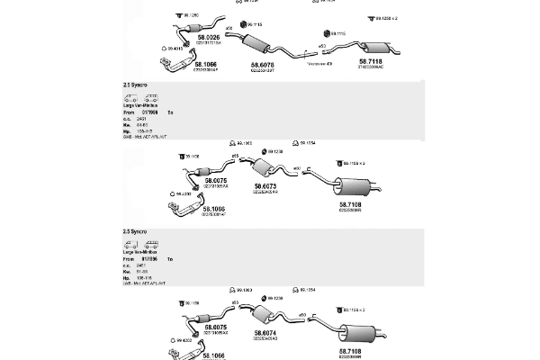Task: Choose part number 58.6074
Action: [x=265, y=332]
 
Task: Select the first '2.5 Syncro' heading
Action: [x=135, y=84]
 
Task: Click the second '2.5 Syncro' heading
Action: [x=135, y=231]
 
